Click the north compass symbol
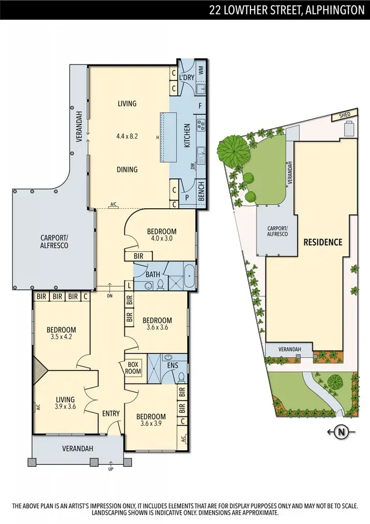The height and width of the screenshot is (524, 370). tap(341, 433)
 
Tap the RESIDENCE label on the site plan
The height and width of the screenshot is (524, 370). tap(323, 242)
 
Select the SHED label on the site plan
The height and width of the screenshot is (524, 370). tap(345, 116)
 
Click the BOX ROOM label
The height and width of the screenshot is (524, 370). tap(133, 367)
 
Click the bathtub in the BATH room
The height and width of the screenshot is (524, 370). tap(189, 277)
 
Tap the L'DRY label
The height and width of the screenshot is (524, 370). tap(186, 77)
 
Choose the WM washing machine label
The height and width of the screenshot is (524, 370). tap(201, 70)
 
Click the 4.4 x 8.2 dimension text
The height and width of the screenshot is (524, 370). tap(127, 136)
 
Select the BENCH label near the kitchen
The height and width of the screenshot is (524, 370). tap(201, 191)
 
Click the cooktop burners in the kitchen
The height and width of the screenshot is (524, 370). tap(201, 124)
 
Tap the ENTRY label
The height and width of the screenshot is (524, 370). tap(111, 413)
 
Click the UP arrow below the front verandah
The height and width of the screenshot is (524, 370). tap(110, 467)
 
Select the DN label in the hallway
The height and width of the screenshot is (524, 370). tap(110, 295)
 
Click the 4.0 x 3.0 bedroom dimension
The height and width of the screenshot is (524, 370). tap(161, 238)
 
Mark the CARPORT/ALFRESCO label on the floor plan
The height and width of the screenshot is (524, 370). tap(54, 242)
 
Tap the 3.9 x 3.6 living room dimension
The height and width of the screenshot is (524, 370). tap(65, 407)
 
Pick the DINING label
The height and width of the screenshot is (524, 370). tap(127, 169)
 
